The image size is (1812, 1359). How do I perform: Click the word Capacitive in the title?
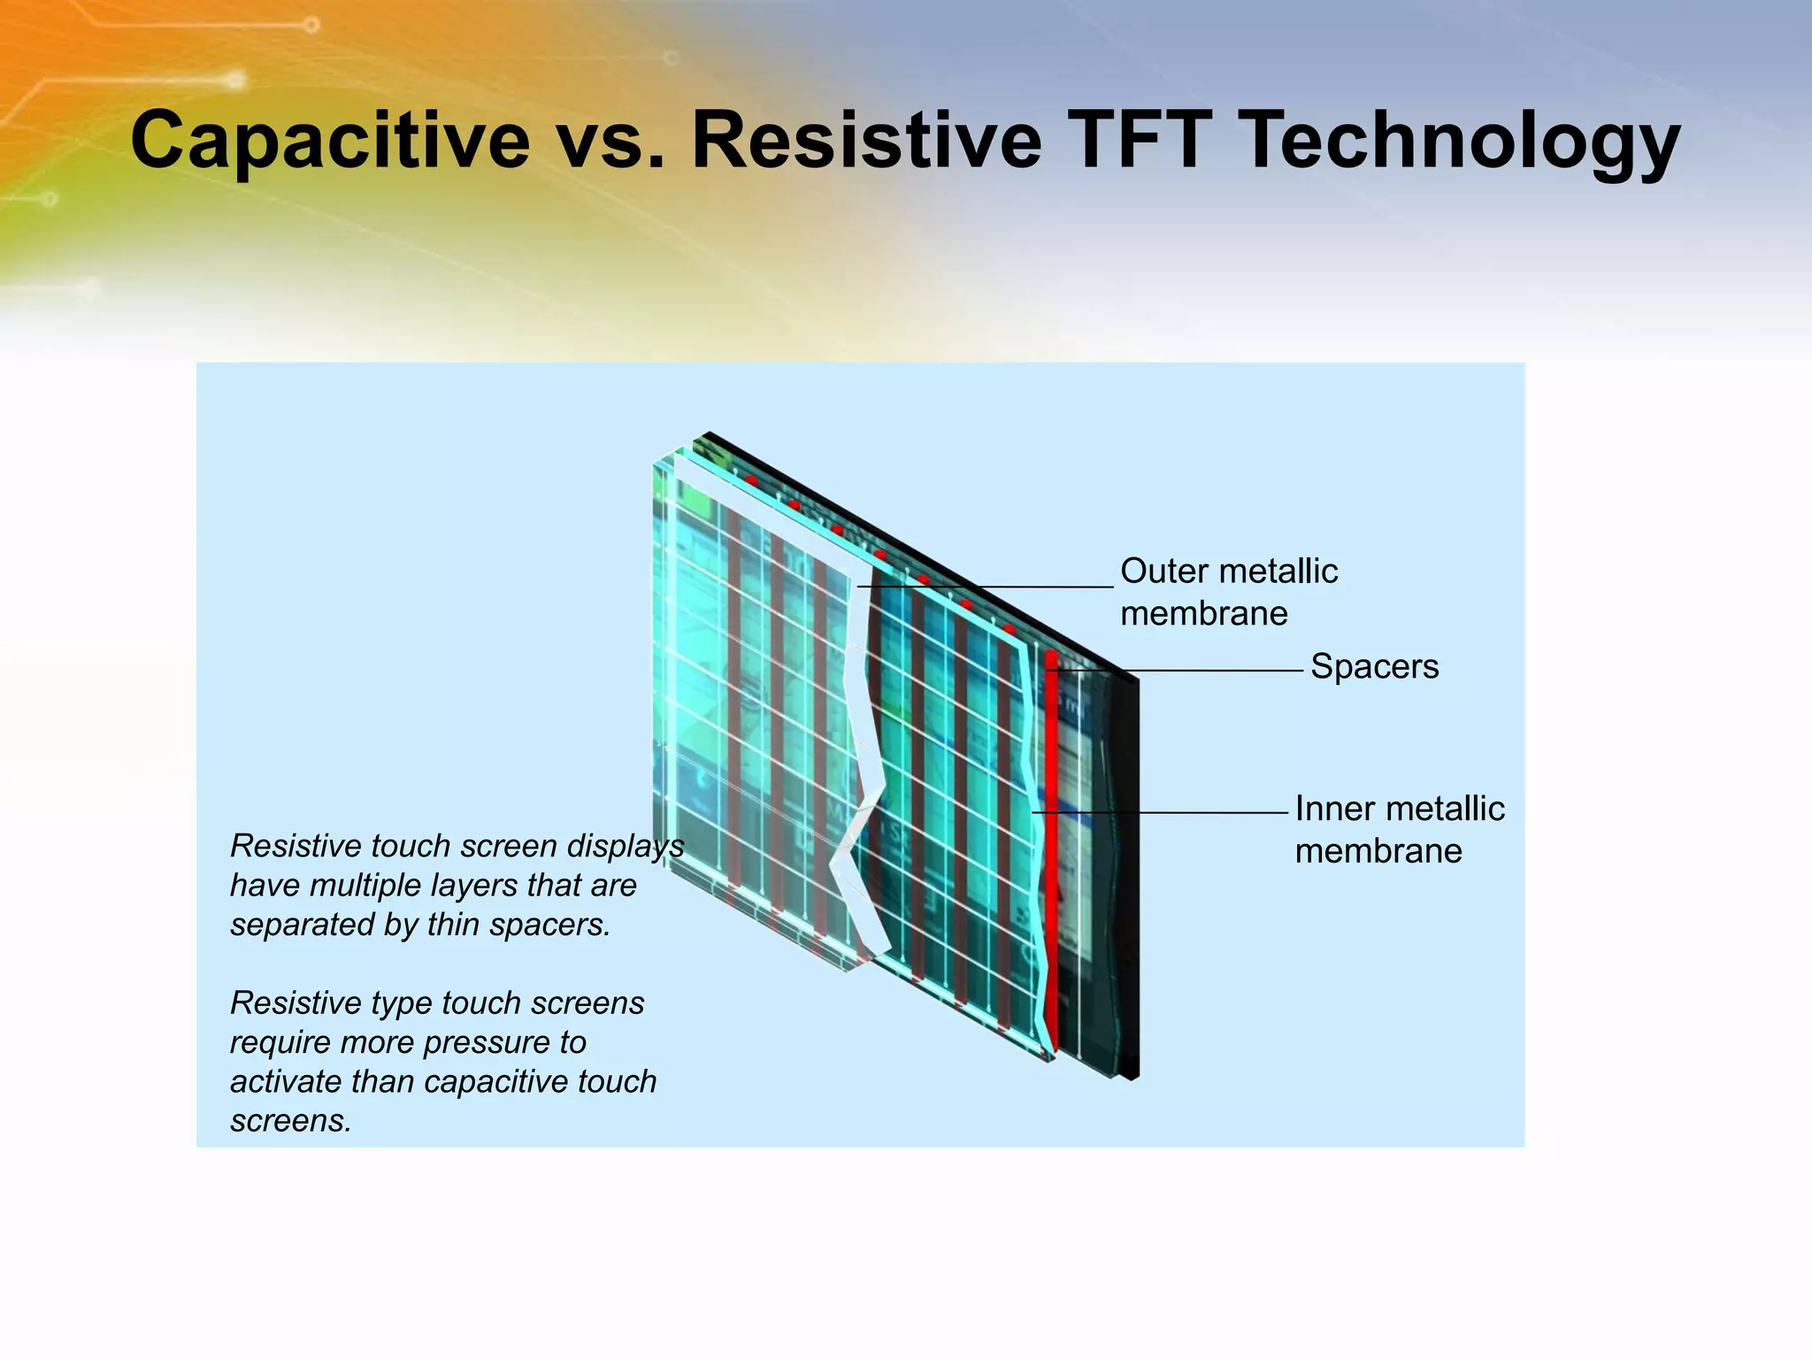pyautogui.click(x=329, y=142)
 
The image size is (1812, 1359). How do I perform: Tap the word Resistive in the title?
pyautogui.click(x=865, y=142)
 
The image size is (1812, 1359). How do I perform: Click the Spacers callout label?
pyautogui.click(x=1374, y=666)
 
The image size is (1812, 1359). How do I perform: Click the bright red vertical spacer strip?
pyautogui.click(x=1051, y=841)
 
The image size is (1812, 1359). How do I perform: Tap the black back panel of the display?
pyautogui.click(x=1126, y=885)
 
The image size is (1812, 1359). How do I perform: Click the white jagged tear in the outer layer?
pyautogui.click(x=863, y=796)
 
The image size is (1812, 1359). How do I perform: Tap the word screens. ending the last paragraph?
pyautogui.click(x=291, y=1121)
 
